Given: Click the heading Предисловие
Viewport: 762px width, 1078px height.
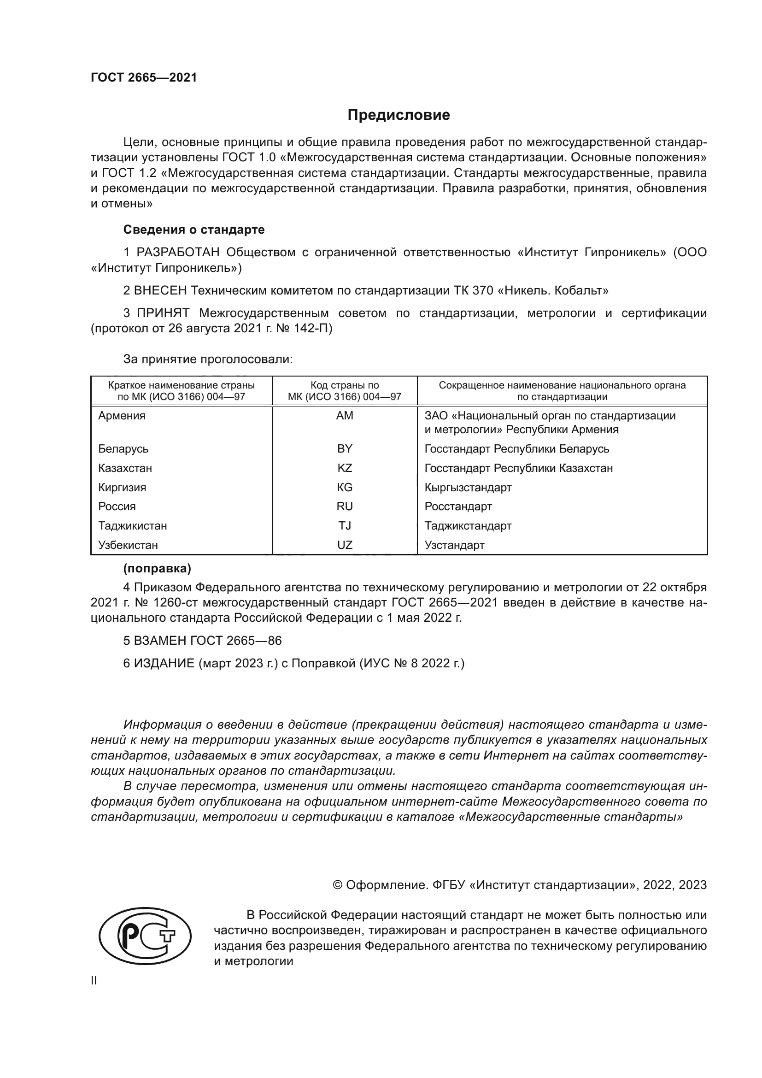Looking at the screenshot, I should pyautogui.click(x=399, y=115).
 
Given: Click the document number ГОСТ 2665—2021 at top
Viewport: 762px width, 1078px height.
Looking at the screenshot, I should pyautogui.click(x=144, y=78).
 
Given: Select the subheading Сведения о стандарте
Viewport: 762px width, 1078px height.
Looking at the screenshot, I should pyautogui.click(x=194, y=230).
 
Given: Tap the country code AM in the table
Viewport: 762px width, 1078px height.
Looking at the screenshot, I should pyautogui.click(x=345, y=416).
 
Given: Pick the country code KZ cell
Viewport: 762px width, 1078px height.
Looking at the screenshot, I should pyautogui.click(x=345, y=468).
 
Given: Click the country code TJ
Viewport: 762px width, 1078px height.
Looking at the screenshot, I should pyautogui.click(x=345, y=525).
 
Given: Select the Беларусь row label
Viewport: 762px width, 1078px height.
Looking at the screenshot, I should pyautogui.click(x=123, y=449).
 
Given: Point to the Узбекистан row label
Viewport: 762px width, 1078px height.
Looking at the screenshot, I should pyautogui.click(x=128, y=545).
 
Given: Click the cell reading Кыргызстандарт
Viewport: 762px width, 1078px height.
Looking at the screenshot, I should pyautogui.click(x=468, y=487).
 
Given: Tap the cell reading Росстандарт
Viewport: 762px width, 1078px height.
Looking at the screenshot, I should pyautogui.click(x=458, y=507).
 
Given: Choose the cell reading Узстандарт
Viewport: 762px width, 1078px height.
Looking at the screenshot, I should pyautogui.click(x=454, y=545).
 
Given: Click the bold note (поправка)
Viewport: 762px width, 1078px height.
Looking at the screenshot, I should pyautogui.click(x=157, y=569).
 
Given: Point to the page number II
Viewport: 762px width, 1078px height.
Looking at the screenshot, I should pyautogui.click(x=94, y=981).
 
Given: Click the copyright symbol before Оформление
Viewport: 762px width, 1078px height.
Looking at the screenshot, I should pyautogui.click(x=337, y=885).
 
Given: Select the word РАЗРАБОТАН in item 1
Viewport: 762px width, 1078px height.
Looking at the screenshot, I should pyautogui.click(x=178, y=253).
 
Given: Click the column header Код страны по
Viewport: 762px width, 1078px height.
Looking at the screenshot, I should pyautogui.click(x=345, y=385).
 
